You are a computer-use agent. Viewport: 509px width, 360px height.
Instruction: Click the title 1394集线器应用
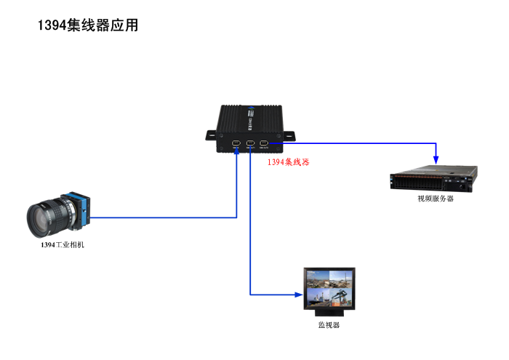click(88, 25)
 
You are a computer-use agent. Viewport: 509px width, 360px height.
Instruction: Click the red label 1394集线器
click(288, 163)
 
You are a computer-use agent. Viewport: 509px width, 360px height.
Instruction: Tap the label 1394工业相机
click(63, 245)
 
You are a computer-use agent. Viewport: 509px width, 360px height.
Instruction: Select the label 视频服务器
click(435, 198)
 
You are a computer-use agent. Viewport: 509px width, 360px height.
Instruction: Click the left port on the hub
click(236, 143)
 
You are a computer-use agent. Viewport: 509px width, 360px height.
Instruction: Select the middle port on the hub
click(250, 143)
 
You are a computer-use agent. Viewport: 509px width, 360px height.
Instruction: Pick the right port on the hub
click(264, 143)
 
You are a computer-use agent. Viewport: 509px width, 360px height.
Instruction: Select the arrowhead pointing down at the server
click(436, 160)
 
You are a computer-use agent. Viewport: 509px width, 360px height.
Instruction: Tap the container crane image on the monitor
click(340, 295)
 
